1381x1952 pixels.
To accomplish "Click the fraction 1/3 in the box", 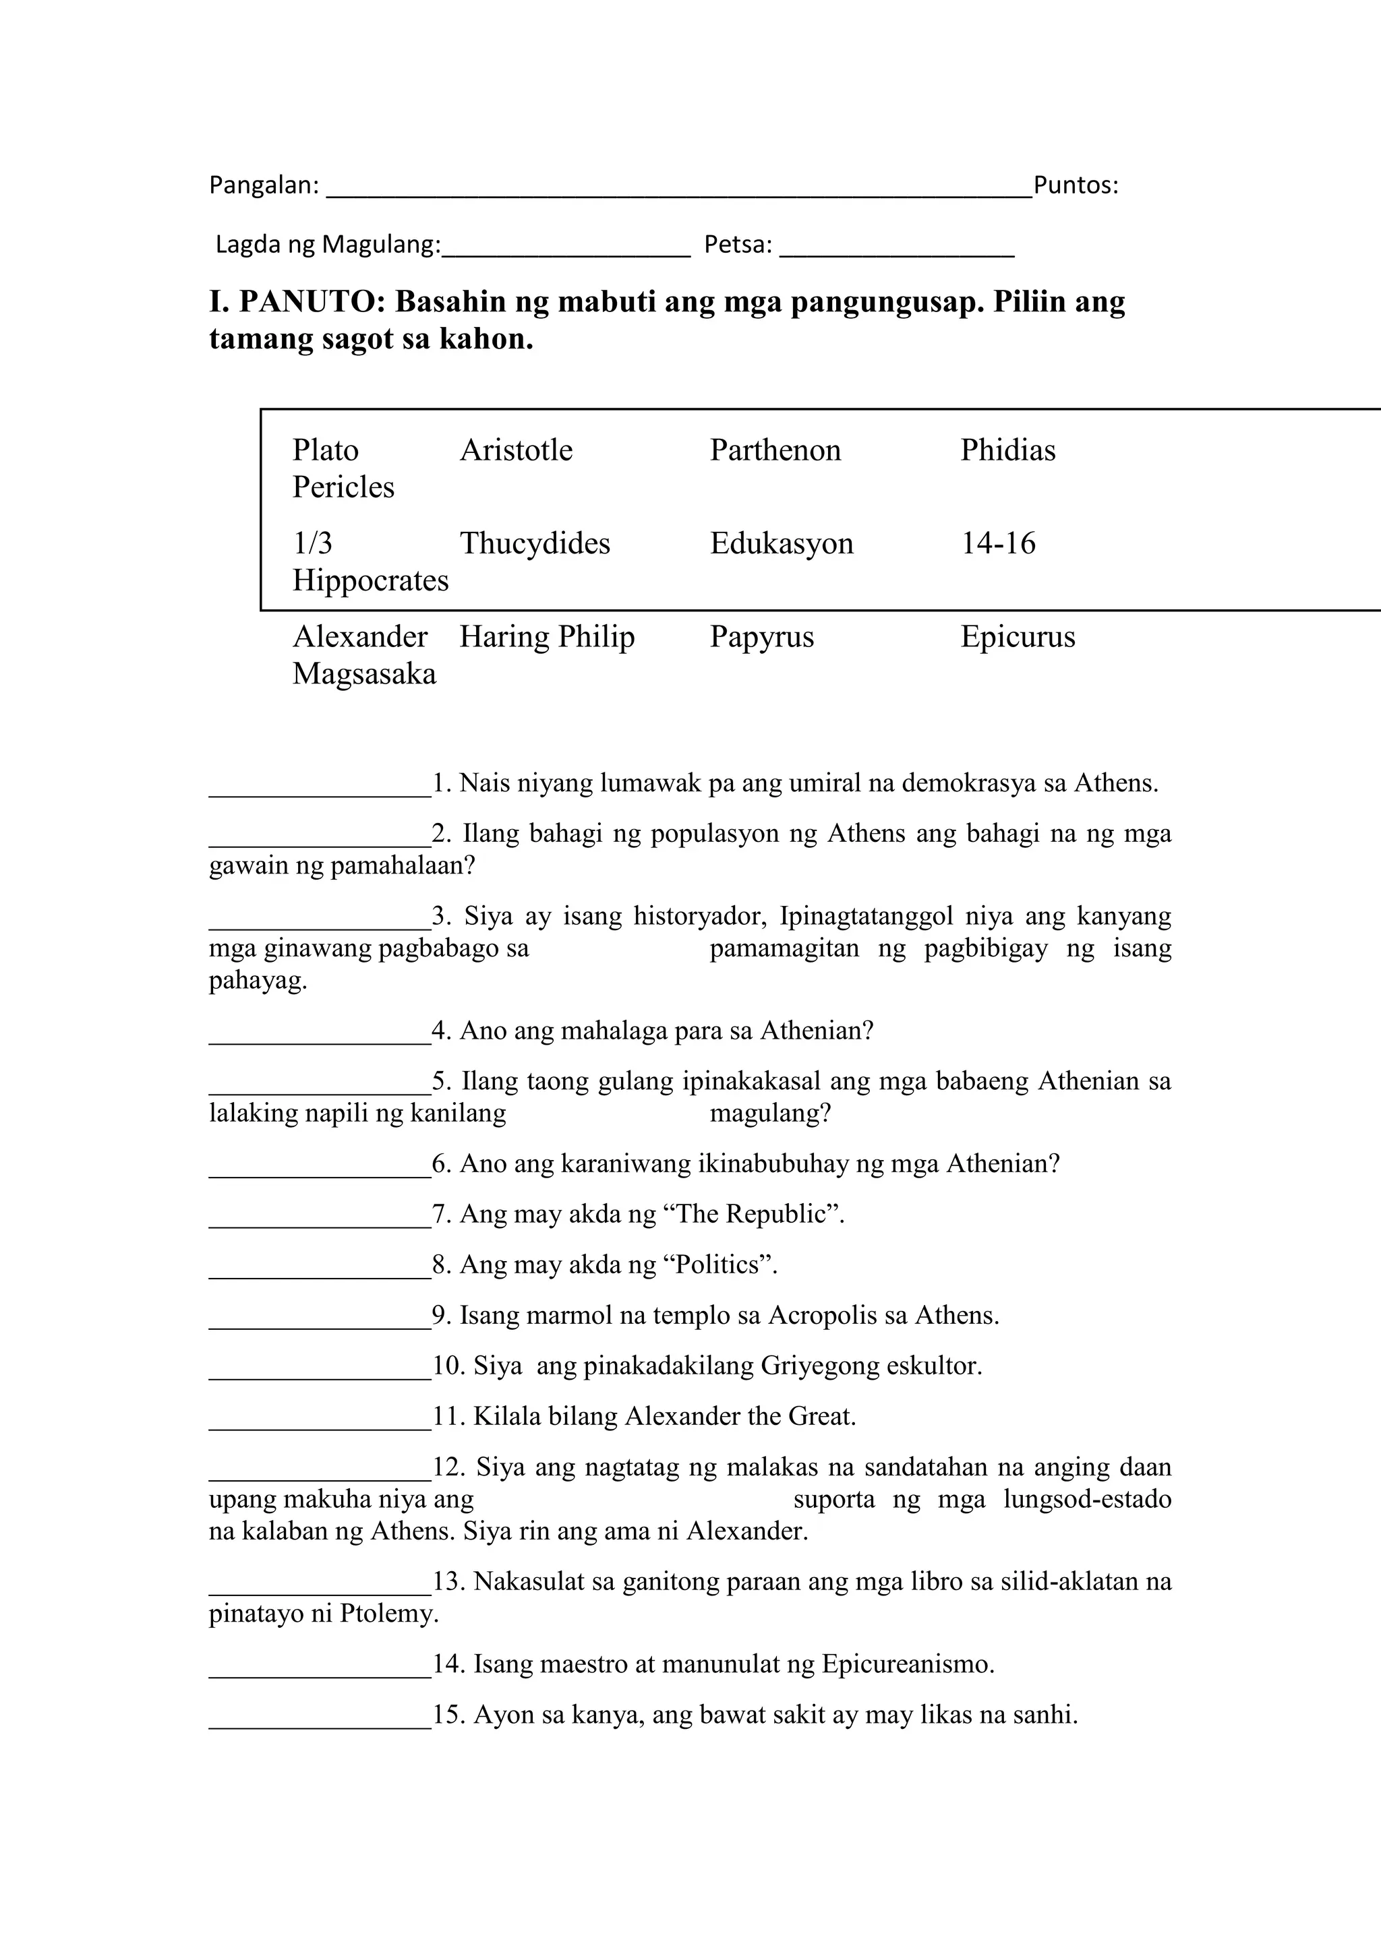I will point(312,543).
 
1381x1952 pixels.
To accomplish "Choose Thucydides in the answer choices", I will point(534,543).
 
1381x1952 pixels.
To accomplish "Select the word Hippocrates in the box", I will point(370,580).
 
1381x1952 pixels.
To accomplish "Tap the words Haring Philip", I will point(547,637).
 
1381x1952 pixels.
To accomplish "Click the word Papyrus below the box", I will point(761,637).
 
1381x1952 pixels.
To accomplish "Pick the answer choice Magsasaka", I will point(364,674).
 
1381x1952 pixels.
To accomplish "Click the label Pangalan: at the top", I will point(264,185).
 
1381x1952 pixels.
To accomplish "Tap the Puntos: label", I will point(1075,185).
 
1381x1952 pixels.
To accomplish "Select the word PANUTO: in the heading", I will point(313,302).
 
